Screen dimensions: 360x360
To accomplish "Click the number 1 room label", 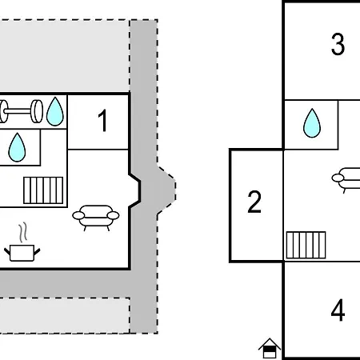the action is pyautogui.click(x=103, y=121).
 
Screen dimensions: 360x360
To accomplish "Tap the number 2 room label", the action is pyautogui.click(x=254, y=202).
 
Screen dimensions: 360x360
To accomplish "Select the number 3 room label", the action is pyautogui.click(x=338, y=44).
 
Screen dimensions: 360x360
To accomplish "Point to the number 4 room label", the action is pyautogui.click(x=338, y=310).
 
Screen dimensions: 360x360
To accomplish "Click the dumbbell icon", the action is pyautogui.click(x=21, y=111).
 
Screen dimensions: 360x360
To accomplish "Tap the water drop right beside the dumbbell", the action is pyautogui.click(x=55, y=111).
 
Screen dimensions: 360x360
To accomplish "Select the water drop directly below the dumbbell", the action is pyautogui.click(x=17, y=147).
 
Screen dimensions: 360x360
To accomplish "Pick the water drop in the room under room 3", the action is pyautogui.click(x=312, y=123).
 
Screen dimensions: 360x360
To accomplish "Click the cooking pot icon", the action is pyautogui.click(x=22, y=252).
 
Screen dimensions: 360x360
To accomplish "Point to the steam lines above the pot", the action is pyautogui.click(x=23, y=232).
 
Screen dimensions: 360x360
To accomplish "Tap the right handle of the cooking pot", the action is pyautogui.click(x=37, y=251).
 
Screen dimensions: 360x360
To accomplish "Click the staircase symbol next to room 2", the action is pyautogui.click(x=306, y=245).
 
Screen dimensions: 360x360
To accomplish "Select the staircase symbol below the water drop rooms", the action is pyautogui.click(x=43, y=190).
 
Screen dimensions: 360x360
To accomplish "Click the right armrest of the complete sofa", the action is pyautogui.click(x=113, y=215).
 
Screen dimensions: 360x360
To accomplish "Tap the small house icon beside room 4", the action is pyautogui.click(x=270, y=348).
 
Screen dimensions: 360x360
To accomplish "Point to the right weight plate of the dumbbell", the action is pyautogui.click(x=37, y=111).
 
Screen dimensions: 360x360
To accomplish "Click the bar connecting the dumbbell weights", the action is pyautogui.click(x=18, y=111).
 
